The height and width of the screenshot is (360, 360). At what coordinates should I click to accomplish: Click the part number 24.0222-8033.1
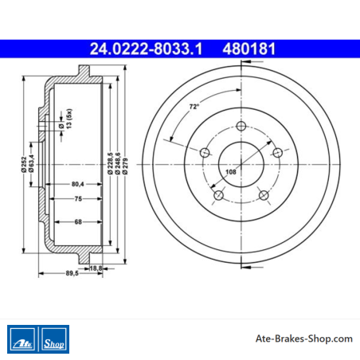146,49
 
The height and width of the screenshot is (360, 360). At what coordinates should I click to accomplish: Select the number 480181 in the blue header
249,49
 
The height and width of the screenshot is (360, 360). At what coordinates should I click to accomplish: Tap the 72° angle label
194,107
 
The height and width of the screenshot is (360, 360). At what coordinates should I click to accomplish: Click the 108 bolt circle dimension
231,172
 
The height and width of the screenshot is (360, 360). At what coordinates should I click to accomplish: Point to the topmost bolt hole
241,126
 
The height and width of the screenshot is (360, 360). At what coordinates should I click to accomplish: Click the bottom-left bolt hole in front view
218,195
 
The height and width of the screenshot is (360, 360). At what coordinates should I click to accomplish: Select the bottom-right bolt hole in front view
264,195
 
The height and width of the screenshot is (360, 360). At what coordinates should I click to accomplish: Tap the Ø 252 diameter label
24,165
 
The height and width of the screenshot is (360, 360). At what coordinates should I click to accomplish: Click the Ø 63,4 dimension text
31,163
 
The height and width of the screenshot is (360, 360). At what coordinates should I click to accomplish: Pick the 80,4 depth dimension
78,184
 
